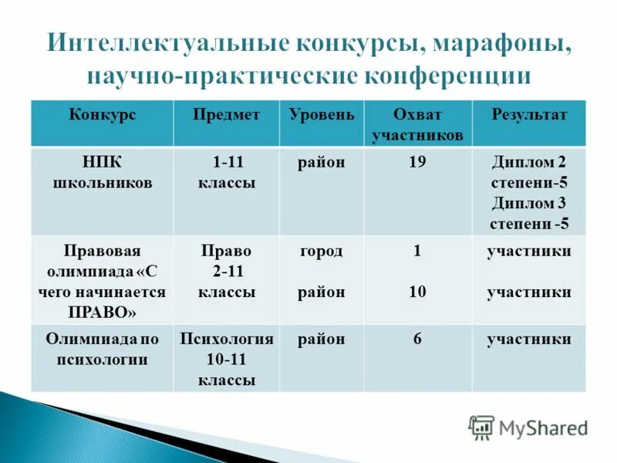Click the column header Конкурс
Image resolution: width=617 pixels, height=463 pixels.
[102, 115]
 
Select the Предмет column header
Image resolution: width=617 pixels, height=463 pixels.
[226, 115]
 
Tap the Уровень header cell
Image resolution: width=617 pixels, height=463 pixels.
[322, 115]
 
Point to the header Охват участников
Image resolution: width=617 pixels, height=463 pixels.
[417, 125]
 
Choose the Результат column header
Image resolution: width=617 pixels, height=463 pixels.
[529, 115]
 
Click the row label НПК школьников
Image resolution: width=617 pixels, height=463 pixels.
[102, 173]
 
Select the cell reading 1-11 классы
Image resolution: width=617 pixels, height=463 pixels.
[226, 173]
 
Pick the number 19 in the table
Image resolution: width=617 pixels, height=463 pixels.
[417, 163]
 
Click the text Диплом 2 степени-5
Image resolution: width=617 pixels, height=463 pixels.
[529, 173]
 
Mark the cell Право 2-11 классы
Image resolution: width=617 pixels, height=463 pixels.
[226, 272]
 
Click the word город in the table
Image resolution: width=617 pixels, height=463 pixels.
[322, 252]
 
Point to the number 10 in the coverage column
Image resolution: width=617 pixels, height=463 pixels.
[417, 292]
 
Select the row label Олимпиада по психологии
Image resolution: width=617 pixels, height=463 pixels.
[102, 349]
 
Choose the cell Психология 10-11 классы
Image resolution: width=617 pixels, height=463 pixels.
[226, 359]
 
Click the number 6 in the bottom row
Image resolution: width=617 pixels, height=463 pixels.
[417, 340]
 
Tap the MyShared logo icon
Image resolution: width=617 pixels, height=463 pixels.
[481, 428]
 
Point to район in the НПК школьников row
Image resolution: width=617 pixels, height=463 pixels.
[322, 163]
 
